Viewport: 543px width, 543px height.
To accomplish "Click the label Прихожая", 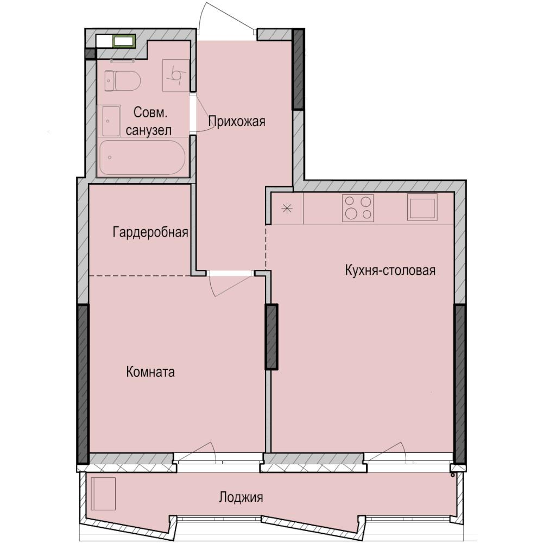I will point(237,121).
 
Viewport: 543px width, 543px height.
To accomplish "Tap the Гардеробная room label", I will point(150,233).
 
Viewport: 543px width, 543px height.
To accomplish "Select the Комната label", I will point(150,372).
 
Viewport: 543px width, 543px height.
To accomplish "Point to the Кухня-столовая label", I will point(390,270).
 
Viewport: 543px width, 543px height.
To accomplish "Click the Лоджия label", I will point(241,497).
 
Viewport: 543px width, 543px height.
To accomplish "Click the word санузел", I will point(149,130).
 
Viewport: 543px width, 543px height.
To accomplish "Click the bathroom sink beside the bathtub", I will point(110,121).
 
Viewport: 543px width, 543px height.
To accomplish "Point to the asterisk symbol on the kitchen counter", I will point(287,208).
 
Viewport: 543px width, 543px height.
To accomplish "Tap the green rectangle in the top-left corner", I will point(124,41).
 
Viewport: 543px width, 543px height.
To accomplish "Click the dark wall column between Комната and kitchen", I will point(271,337).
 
